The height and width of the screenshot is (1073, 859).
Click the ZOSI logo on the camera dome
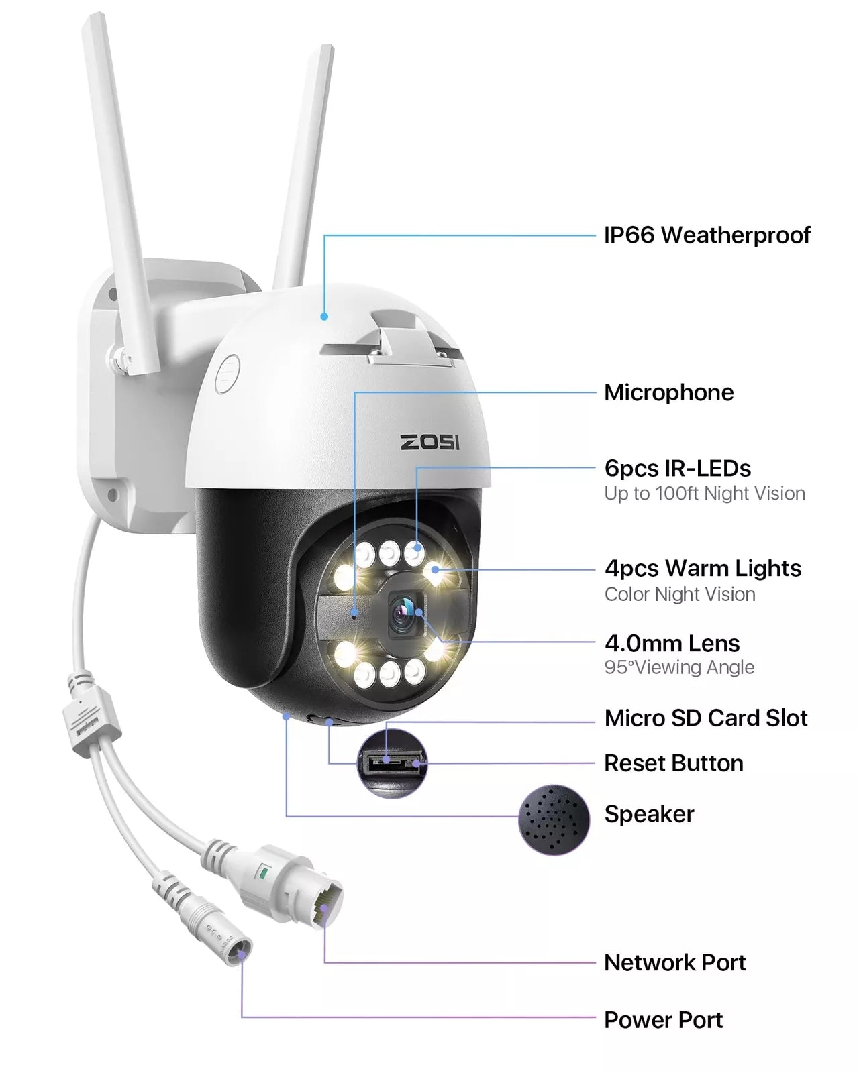point(429,442)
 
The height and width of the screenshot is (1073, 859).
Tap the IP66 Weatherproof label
point(707,235)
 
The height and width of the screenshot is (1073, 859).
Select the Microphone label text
point(669,392)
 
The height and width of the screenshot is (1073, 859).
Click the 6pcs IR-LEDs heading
point(677,468)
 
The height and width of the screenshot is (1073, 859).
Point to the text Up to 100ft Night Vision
point(705,494)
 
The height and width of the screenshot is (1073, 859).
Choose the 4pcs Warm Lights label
point(703,569)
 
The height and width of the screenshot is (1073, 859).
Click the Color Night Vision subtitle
point(680,594)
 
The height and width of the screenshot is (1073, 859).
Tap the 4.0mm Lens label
point(672,643)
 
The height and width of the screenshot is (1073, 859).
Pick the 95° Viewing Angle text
point(679,667)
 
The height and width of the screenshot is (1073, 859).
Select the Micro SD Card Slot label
point(706,718)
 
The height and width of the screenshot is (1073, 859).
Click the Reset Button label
point(674,763)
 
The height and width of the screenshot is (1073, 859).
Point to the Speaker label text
point(649,814)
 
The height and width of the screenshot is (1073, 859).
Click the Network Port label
point(675,963)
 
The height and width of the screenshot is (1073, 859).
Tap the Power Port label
point(663,1020)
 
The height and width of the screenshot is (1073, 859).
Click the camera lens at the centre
point(403,615)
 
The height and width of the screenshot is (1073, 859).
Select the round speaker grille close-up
point(554,820)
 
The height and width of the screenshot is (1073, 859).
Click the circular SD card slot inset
point(393,763)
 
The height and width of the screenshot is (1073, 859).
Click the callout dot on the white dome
point(324,316)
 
